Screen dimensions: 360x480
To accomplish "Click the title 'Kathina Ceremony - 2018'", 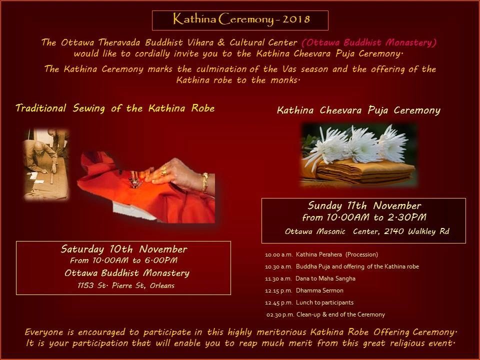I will pyautogui.click(x=240, y=20).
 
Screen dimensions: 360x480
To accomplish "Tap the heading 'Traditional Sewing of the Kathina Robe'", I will pyautogui.click(x=115, y=108).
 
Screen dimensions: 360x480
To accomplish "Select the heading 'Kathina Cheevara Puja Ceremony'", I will pyautogui.click(x=358, y=110).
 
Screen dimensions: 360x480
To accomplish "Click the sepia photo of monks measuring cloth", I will pyautogui.click(x=46, y=162).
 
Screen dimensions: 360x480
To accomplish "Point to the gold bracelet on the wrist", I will pyautogui.click(x=204, y=183).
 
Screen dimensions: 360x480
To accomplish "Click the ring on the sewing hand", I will pyautogui.click(x=164, y=171).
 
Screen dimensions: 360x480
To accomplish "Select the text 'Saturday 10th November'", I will pyautogui.click(x=124, y=249).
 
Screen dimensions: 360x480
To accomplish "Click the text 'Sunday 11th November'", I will pyautogui.click(x=364, y=205).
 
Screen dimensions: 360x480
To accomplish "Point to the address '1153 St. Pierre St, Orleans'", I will pyautogui.click(x=124, y=285).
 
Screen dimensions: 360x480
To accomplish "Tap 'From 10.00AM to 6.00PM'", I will pyautogui.click(x=124, y=260).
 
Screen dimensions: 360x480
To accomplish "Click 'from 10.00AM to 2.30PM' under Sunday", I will pyautogui.click(x=364, y=218).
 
